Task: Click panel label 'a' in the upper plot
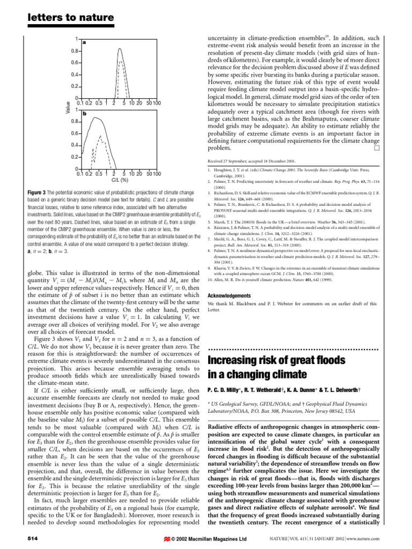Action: click(84, 42)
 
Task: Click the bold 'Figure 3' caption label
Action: click(38, 192)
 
